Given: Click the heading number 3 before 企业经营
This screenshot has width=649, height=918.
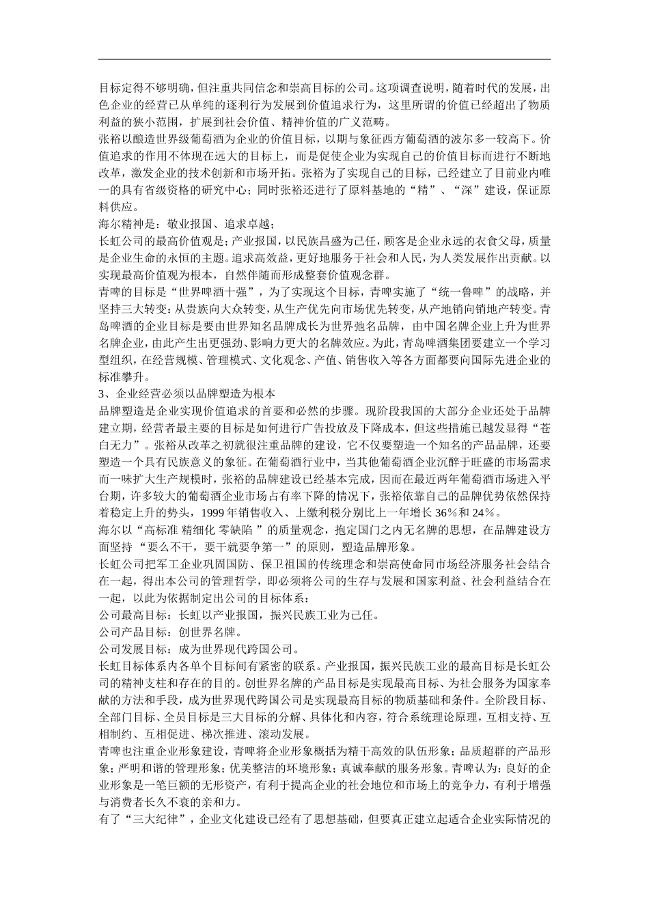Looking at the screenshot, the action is (102, 394).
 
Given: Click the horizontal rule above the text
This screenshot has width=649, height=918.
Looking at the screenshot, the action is (324, 59).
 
